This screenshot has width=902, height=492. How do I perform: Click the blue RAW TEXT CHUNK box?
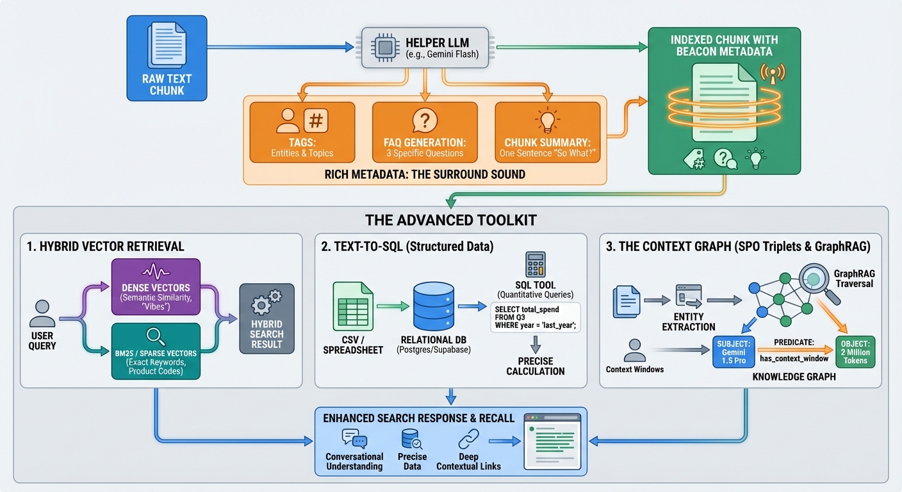(x=167, y=58)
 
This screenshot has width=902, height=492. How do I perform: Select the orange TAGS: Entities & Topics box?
(x=302, y=132)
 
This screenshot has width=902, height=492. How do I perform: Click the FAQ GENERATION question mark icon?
(x=425, y=120)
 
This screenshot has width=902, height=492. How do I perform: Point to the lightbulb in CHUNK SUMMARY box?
(x=547, y=120)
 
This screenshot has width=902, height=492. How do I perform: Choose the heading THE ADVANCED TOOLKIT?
(x=450, y=220)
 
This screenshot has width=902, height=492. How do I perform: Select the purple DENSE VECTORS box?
(x=156, y=286)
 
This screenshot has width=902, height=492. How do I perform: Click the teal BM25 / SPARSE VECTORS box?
(x=156, y=350)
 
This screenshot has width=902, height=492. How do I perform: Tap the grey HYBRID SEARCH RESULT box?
(x=266, y=318)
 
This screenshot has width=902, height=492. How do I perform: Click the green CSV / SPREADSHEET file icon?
(x=352, y=307)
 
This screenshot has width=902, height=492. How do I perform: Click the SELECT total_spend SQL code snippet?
(x=536, y=317)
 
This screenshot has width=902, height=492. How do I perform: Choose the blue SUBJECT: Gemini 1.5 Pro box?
(x=734, y=350)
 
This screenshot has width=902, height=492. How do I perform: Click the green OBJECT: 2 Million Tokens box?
(x=855, y=350)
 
